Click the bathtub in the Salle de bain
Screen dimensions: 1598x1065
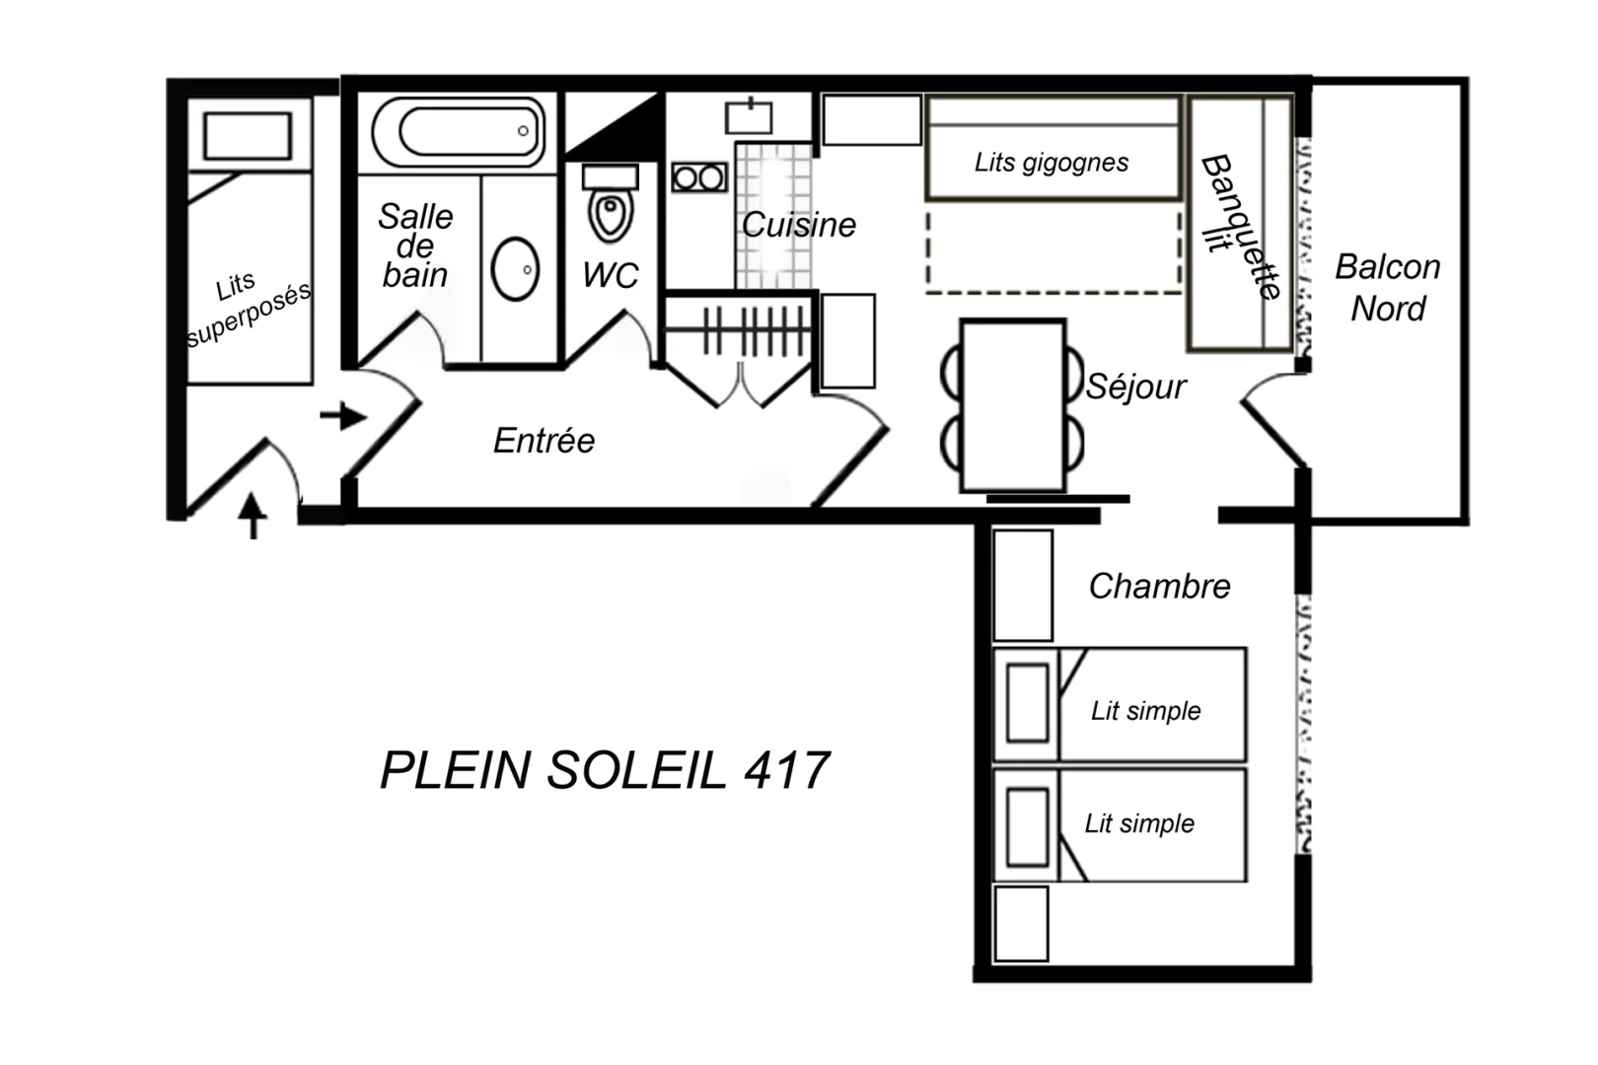458,132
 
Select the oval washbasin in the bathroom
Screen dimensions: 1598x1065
515,269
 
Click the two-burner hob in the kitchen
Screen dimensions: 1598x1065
699,177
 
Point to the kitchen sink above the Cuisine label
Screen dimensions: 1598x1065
749,117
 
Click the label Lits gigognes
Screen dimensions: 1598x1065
1052,163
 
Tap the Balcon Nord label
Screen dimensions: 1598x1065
1388,288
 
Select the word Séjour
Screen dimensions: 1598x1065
1135,387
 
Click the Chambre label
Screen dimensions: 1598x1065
1159,587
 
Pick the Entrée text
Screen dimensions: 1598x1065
545,440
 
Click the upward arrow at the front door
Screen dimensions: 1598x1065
252,515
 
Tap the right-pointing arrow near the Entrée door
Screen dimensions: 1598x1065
343,416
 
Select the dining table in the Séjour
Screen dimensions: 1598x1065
1013,406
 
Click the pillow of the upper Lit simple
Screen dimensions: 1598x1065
1027,703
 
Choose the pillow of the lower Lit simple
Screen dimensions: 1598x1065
1027,826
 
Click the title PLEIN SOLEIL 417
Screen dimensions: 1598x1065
605,770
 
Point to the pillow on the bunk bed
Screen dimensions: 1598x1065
248,135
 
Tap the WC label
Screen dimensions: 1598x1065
611,274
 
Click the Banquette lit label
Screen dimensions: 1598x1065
1240,226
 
